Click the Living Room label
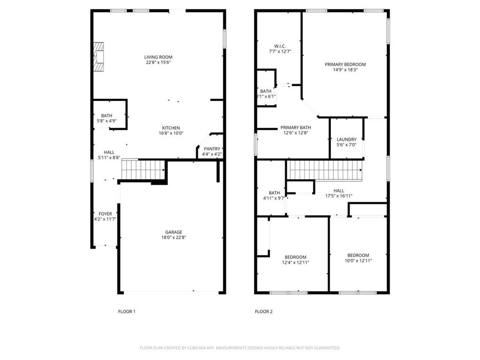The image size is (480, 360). click(x=158, y=57)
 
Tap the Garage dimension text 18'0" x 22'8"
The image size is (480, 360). click(x=173, y=238)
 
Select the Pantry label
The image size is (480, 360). click(x=211, y=149)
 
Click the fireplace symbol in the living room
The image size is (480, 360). click(x=98, y=57)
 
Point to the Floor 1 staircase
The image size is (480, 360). click(x=143, y=169)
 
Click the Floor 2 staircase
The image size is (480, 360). click(x=325, y=170)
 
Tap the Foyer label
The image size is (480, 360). click(x=105, y=214)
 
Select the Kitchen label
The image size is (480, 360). click(x=171, y=128)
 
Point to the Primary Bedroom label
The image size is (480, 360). click(x=345, y=64)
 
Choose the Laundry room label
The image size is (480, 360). click(x=346, y=139)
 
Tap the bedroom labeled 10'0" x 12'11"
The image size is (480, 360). click(x=358, y=255)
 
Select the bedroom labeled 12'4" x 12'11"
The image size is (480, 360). click(x=295, y=257)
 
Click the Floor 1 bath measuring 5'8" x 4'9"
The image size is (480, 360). click(x=106, y=115)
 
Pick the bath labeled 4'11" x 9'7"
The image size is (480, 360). click(x=274, y=193)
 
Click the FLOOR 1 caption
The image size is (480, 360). click(x=126, y=311)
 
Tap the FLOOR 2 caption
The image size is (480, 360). click(x=263, y=311)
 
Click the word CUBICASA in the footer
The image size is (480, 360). click(x=193, y=348)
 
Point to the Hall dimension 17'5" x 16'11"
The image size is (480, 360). click(x=338, y=196)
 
